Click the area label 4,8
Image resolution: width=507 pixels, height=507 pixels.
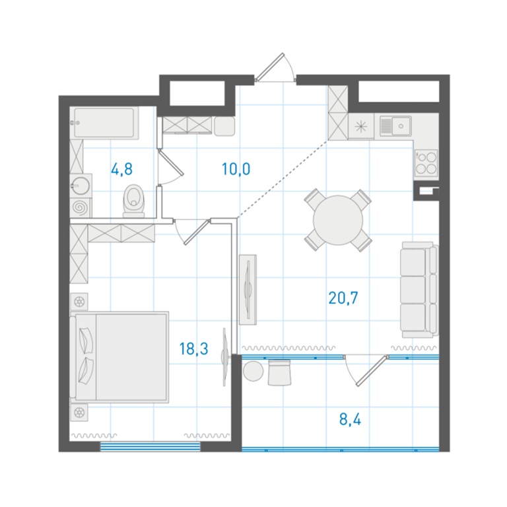(121, 170)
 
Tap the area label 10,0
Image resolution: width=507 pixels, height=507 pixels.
(236, 169)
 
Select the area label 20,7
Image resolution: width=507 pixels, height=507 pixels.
(343, 298)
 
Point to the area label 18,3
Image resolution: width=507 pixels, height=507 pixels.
(193, 349)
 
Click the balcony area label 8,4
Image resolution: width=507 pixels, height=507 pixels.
(350, 419)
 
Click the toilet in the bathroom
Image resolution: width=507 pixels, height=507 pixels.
(134, 201)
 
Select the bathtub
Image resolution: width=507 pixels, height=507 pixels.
(104, 123)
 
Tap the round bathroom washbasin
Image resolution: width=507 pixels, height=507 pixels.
(80, 186)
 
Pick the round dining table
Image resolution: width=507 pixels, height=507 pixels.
(338, 220)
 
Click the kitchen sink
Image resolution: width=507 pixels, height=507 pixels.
(396, 126)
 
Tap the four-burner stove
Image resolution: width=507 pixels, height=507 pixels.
(426, 162)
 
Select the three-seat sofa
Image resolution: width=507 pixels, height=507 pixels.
(419, 290)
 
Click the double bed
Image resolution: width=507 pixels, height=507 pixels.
(119, 357)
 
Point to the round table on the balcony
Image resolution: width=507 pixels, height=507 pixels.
(253, 371)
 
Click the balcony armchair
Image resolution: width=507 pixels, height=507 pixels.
(280, 373)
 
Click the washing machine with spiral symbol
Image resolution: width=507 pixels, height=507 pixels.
(80, 207)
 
